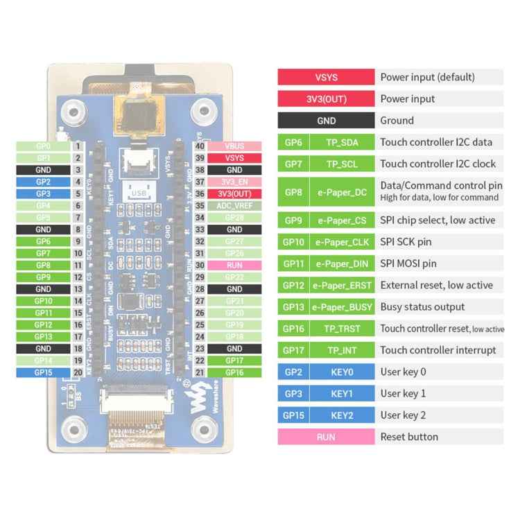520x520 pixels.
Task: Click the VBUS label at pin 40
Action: coord(234,146)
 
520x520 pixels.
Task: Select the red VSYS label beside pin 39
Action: coord(234,158)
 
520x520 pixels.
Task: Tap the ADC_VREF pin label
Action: coord(234,206)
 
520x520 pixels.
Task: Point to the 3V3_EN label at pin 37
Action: coord(234,182)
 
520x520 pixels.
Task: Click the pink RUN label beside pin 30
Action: coord(234,265)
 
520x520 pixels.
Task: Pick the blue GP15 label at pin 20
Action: coord(43,372)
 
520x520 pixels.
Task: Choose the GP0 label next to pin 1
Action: coord(43,146)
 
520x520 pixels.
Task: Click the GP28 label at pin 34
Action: coord(234,218)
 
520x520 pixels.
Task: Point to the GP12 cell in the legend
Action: coord(292,286)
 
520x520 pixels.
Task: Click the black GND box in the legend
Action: coord(326,121)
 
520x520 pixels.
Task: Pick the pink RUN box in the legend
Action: coord(326,437)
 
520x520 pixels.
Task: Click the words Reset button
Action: coord(409,437)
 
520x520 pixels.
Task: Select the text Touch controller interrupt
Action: coord(437,350)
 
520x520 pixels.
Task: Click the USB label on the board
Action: coord(139,193)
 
